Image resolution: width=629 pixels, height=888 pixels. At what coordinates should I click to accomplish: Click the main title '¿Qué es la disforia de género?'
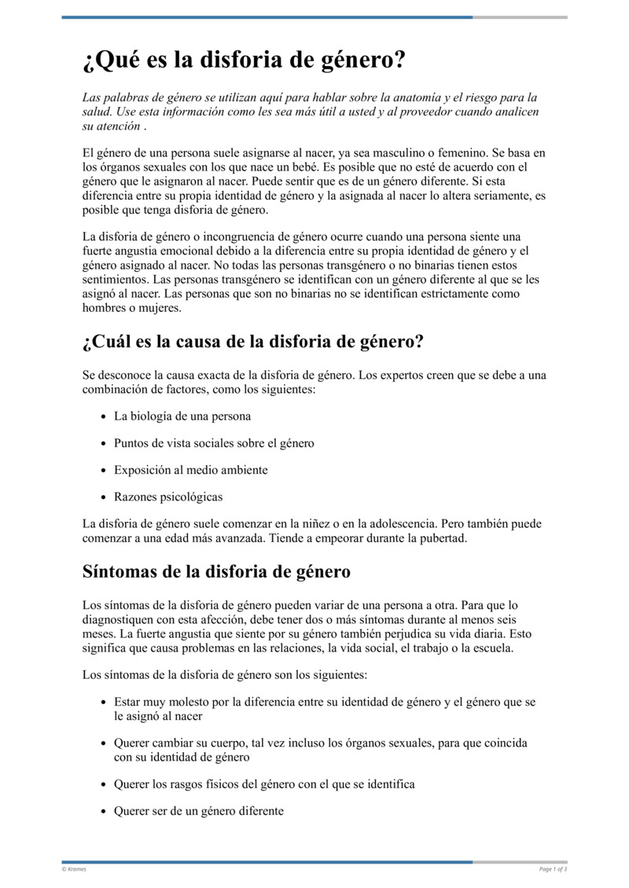coord(244,61)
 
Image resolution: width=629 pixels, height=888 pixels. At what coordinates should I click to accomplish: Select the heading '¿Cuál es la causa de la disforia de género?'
coord(253,343)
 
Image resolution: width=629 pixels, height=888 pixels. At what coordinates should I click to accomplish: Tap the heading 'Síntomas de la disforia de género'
coord(216,571)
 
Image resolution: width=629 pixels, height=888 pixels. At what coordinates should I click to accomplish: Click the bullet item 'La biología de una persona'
coord(182,416)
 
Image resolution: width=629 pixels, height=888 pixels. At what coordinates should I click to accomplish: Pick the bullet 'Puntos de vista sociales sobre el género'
coord(214,443)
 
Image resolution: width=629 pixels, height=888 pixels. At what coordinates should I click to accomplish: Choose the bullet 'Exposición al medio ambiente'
coord(191,470)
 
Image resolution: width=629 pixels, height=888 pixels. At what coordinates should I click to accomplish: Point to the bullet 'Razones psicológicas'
coord(168,497)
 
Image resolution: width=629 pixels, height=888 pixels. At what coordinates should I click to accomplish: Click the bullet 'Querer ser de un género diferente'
coord(199,811)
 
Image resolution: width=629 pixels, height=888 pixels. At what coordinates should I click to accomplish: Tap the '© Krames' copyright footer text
coord(74,869)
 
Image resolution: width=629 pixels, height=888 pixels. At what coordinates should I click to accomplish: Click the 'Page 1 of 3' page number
coord(553,869)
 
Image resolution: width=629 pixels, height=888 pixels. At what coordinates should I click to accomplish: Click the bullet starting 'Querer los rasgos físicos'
coord(264,784)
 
